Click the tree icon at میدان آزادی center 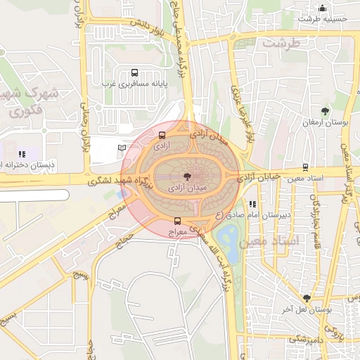[x=188, y=177]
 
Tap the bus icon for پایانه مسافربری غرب [x=134, y=72]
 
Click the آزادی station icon [x=162, y=135]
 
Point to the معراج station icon [x=176, y=220]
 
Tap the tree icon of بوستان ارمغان [x=325, y=111]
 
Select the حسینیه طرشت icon [x=322, y=8]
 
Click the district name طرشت [x=281, y=43]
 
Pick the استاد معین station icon [x=304, y=167]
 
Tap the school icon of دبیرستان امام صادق [x=252, y=204]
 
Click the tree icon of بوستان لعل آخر [x=306, y=298]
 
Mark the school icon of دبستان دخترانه [x=22, y=154]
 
